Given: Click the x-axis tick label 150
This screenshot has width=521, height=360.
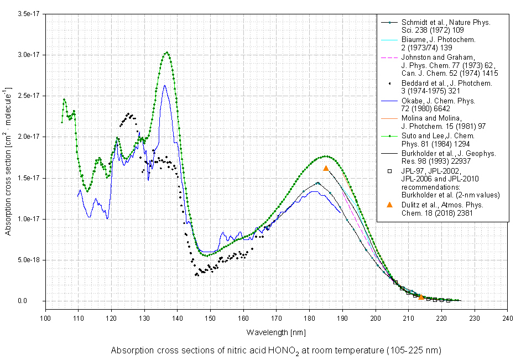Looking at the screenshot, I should coord(210,319).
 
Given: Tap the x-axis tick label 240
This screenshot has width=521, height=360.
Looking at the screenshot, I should coord(508,319).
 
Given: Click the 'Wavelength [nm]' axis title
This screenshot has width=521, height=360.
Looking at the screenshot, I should coord(275,332).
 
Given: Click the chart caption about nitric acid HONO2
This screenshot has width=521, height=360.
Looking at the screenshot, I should coord(276,351).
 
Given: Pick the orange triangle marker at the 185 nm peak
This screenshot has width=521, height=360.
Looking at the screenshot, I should coord(326,168).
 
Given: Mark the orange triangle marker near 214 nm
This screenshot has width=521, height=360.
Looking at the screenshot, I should coord(421,298).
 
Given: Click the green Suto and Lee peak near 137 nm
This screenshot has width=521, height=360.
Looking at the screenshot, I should coord(167,53).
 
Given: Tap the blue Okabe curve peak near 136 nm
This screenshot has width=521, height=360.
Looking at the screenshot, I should coord(164,86).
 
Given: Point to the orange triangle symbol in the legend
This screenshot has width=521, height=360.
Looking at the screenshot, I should coord(389,205).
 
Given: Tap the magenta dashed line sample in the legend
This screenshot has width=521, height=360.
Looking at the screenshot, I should coord(389,58).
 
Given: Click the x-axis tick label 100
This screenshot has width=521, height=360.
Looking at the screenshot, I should coord(45,319).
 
